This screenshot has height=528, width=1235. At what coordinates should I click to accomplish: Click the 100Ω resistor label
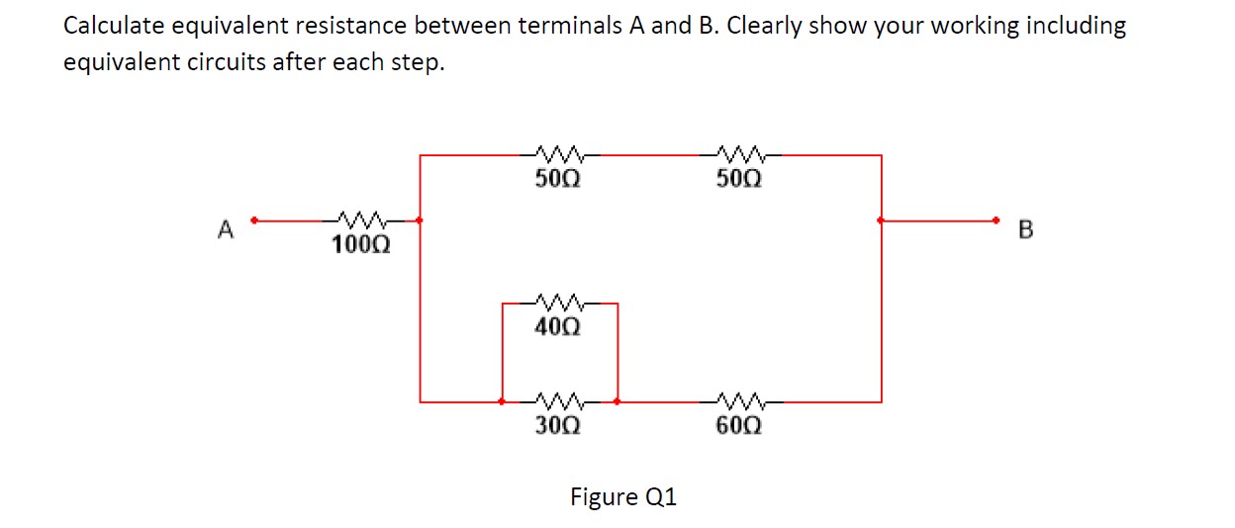[360, 244]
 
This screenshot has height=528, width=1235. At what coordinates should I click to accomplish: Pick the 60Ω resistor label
[738, 426]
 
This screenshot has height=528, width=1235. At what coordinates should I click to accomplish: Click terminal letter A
[226, 231]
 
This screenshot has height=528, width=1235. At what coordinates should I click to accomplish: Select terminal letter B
[1025, 231]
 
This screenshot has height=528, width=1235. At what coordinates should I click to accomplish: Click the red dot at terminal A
[255, 220]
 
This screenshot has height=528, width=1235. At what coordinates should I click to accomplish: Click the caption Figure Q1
[623, 496]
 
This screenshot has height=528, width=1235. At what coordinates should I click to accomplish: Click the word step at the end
[420, 64]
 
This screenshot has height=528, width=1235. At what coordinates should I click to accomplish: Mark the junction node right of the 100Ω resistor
[421, 220]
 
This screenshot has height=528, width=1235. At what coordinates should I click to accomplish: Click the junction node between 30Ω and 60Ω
[617, 401]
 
